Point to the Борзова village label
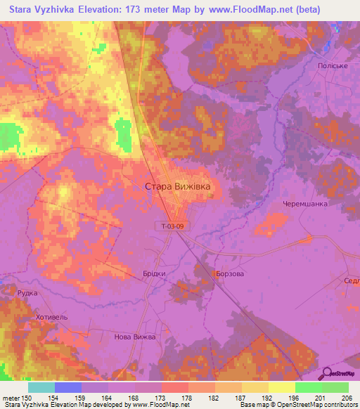229,273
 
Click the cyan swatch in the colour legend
41,387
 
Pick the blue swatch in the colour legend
68,387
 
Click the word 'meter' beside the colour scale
11,397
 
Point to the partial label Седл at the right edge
352,280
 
